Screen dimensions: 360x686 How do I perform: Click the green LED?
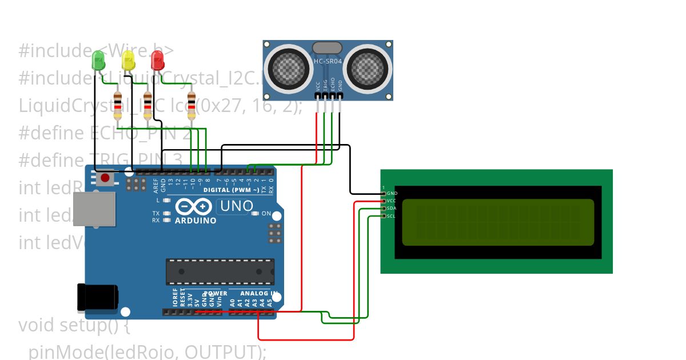[98, 59]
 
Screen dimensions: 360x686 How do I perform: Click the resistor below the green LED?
[118, 105]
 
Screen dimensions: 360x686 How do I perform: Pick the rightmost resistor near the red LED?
[192, 105]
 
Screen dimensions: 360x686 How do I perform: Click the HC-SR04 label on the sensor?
[328, 61]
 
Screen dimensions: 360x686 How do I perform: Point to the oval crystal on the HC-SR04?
[327, 47]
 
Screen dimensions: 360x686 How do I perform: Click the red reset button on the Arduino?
[105, 178]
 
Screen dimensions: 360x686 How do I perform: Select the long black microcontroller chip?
[220, 271]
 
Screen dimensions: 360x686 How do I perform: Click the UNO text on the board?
[237, 206]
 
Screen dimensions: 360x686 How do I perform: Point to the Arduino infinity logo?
[195, 206]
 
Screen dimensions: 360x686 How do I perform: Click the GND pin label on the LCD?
[392, 194]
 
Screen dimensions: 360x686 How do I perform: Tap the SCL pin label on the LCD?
[392, 216]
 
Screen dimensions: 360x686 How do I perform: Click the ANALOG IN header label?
[257, 294]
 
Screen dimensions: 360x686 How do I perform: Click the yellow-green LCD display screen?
[497, 222]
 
